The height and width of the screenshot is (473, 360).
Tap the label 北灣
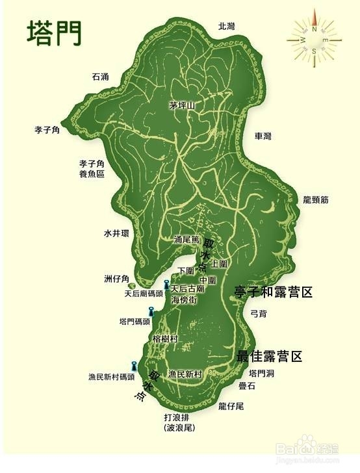226,26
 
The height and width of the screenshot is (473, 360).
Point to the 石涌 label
101,77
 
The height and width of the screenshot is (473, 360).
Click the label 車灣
263,136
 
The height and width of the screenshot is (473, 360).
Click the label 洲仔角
117,279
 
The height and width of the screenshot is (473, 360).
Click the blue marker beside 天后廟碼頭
166,285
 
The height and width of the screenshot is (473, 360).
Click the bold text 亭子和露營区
273,292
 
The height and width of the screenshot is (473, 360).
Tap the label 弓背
259,313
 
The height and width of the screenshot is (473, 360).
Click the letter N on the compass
315,29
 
